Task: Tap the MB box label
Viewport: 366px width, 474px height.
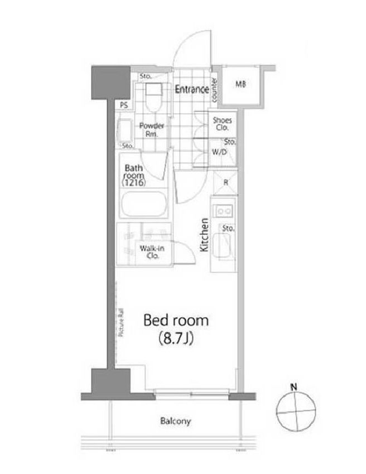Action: coord(240,85)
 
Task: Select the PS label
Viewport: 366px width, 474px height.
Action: coord(123,105)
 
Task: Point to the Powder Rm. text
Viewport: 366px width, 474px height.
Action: coord(151,130)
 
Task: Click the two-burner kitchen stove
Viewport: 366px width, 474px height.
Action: coord(225,211)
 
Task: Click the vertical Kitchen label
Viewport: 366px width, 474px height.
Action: coord(204,235)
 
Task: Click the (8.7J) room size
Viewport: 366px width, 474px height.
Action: coord(176,339)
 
